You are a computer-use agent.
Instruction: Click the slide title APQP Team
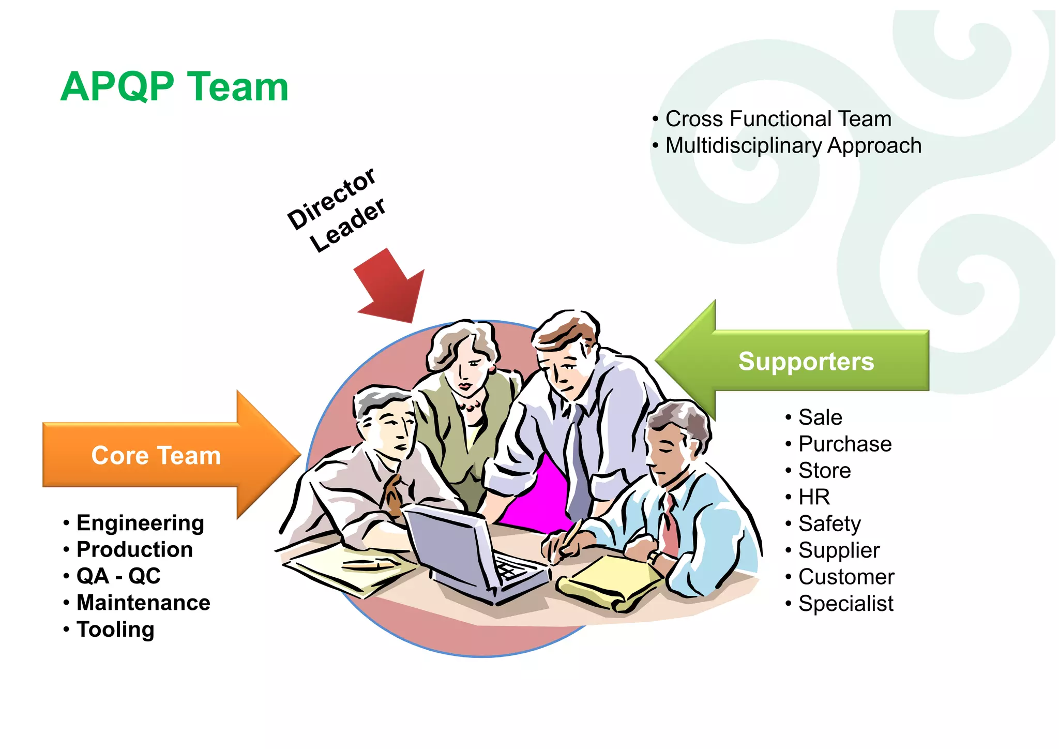[x=174, y=87]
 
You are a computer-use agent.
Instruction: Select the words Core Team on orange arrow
[x=156, y=456]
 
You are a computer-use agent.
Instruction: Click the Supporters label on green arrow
[x=806, y=361]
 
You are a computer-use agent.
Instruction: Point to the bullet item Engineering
[x=140, y=523]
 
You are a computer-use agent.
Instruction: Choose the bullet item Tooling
[x=115, y=630]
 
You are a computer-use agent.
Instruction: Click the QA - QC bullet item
[x=118, y=576]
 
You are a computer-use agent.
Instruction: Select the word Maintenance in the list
[x=143, y=603]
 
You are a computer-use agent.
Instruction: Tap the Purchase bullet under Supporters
[x=845, y=444]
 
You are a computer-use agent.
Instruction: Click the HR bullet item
[x=814, y=497]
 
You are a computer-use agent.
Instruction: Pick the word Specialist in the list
[x=846, y=604]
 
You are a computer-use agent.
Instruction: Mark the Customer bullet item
[x=846, y=577]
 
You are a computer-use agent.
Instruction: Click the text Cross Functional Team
[x=778, y=119]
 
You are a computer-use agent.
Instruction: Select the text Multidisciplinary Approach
[x=793, y=146]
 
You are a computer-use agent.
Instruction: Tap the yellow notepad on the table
[x=610, y=579]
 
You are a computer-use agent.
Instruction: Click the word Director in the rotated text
[x=331, y=199]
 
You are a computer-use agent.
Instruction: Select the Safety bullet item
[x=829, y=524]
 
